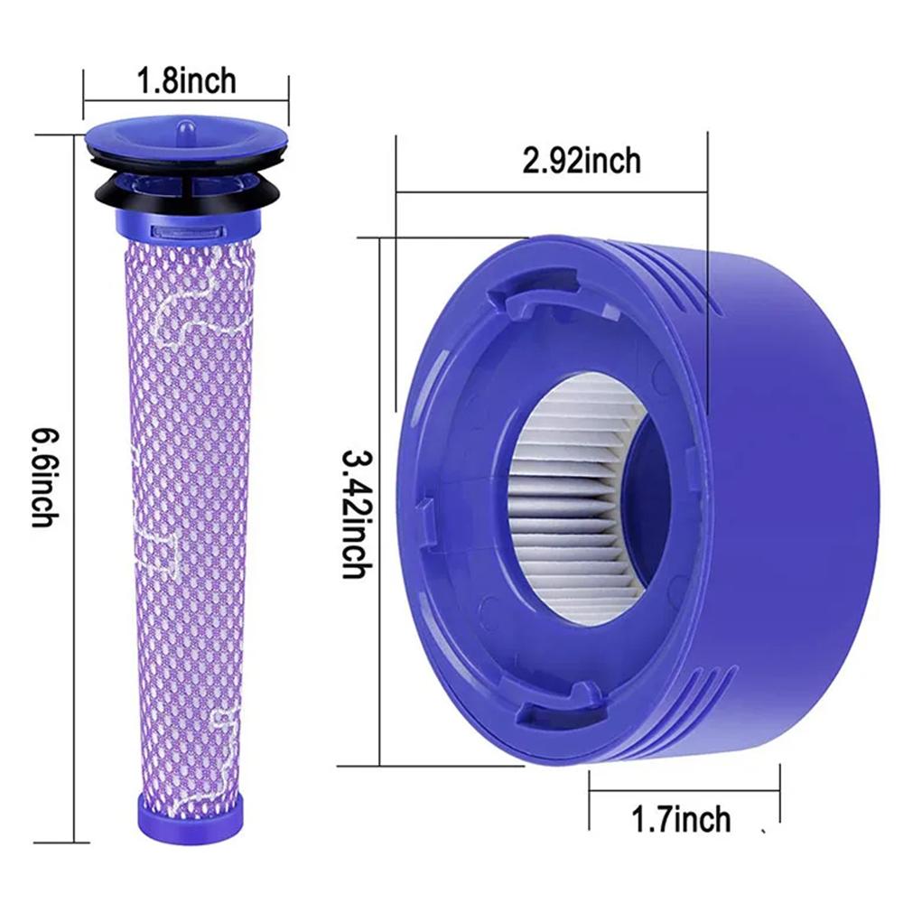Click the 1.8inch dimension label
click(186, 79)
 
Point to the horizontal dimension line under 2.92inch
click(551, 191)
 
